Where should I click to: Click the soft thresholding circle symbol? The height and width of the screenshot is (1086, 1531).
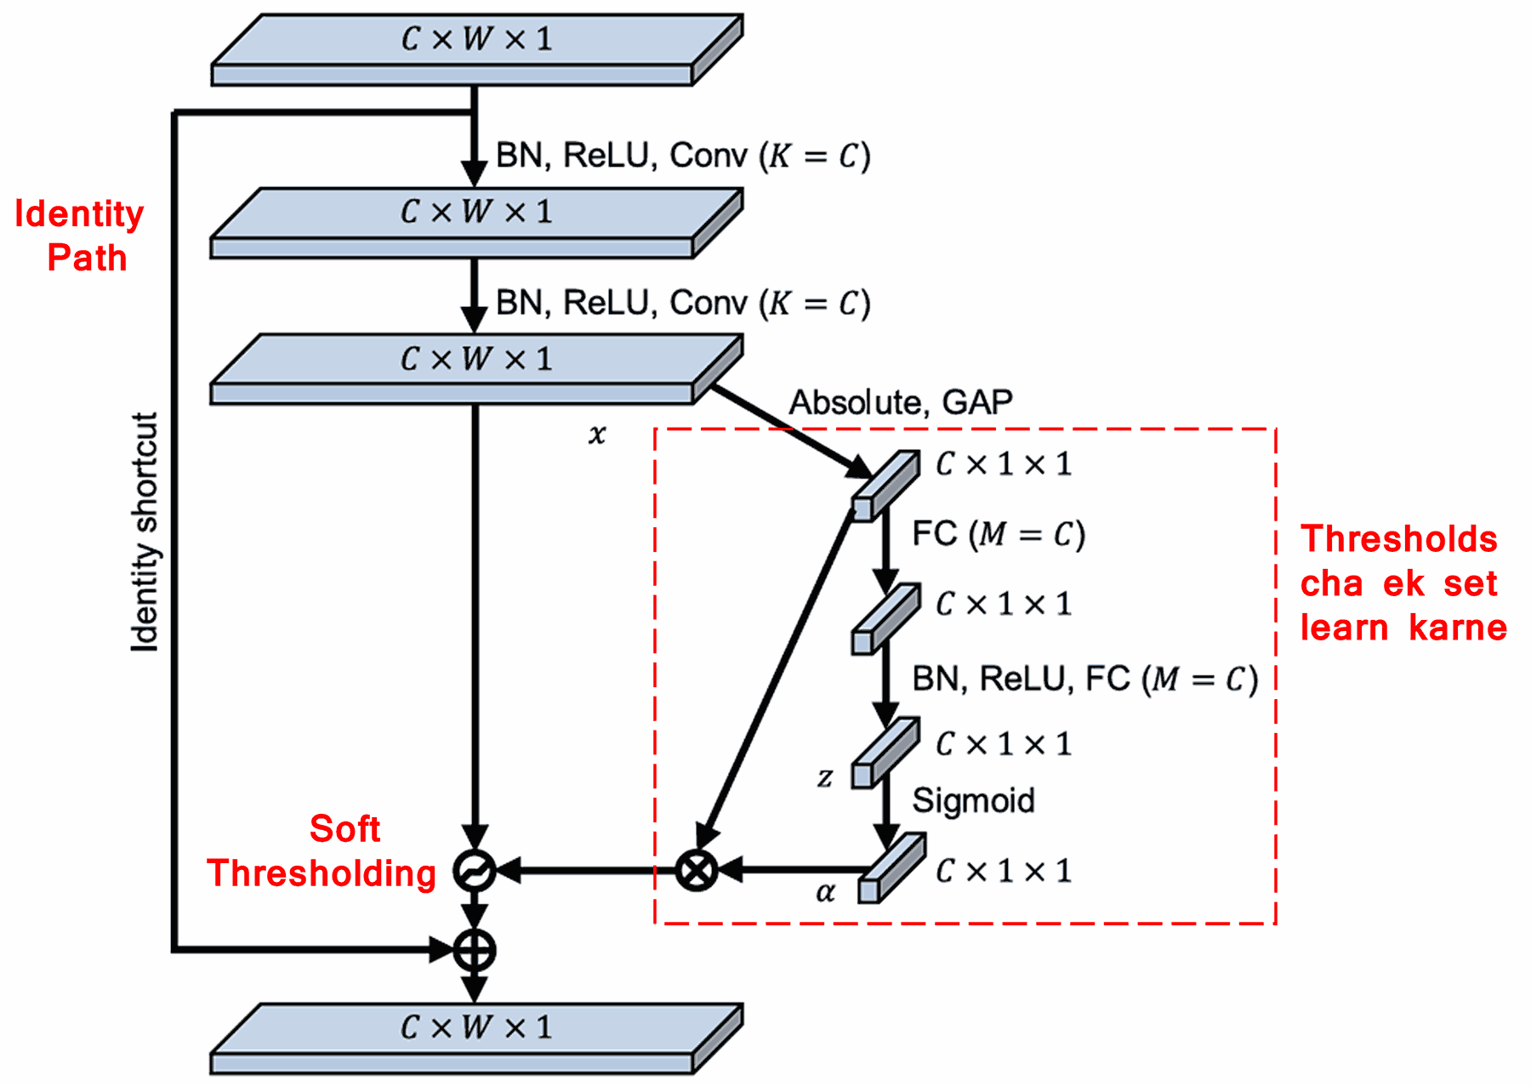pos(474,871)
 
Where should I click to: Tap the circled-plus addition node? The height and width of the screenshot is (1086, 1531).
pos(474,950)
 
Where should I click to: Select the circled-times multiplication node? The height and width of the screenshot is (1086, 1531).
pos(697,870)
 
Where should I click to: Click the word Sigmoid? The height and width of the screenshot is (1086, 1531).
pos(973,800)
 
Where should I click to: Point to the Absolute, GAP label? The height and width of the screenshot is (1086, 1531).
pos(901,402)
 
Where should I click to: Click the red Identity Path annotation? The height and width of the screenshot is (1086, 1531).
pos(79,236)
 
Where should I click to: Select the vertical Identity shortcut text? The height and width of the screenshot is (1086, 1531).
pos(145,532)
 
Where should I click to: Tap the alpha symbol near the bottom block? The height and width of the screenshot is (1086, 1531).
pos(825,892)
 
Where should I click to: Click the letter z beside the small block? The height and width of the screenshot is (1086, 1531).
pos(824,777)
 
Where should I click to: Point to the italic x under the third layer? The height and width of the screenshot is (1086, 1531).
pos(597,435)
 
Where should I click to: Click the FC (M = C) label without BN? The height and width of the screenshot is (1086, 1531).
pos(998,534)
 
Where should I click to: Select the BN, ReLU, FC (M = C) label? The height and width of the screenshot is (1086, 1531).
pos(1084,679)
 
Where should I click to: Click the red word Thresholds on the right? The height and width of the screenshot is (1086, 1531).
pos(1398,539)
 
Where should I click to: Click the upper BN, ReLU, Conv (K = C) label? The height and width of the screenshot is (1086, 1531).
pos(683,156)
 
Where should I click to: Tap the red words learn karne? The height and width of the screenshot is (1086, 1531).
pos(1403,628)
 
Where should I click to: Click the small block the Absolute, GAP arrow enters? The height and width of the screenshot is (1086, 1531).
pos(885,486)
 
